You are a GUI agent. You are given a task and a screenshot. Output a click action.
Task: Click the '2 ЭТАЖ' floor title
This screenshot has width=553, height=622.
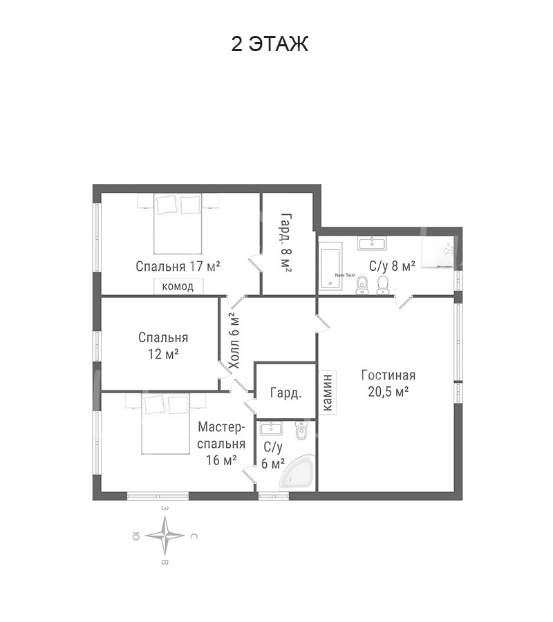pos(270,44)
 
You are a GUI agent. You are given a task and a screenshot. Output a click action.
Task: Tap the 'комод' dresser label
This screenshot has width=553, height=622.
pos(178,286)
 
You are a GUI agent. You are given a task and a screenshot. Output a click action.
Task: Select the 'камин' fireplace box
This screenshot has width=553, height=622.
pos(328,393)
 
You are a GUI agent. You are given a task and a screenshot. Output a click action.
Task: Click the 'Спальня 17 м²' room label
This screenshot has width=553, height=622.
pos(178,266)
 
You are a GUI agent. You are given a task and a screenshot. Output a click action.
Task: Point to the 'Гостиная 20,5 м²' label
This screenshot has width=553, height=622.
pos(388,383)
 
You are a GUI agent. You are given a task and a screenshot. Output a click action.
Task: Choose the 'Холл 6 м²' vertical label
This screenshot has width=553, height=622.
pos(234,341)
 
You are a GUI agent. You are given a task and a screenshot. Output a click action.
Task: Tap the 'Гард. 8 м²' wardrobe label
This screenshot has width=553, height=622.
pos(286,243)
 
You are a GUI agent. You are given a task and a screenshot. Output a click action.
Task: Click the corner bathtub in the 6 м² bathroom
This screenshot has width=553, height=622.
pos(297,473)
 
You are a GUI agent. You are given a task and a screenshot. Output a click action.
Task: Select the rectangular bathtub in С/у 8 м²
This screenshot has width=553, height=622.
pos(330,265)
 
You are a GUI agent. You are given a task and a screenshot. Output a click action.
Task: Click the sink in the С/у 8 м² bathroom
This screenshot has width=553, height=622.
pos(372,243)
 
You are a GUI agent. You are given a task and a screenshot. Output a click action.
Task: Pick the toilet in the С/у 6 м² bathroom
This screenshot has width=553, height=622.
pos(301,431)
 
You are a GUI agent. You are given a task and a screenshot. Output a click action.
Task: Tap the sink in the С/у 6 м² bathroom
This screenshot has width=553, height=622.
pos(271,428)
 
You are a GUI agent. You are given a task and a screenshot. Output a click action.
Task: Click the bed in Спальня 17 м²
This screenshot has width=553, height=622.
pos(178,224)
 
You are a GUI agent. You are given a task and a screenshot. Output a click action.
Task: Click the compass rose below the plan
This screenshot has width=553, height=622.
pos(165,536)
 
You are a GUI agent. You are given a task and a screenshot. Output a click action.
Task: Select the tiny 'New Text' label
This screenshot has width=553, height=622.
pos(345,275)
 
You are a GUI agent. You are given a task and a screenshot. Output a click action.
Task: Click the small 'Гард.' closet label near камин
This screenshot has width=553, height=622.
pos(285,393)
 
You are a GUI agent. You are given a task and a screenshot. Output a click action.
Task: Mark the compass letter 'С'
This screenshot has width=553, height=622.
pos(193,537)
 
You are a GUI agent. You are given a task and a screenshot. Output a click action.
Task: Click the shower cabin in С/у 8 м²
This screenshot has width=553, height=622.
pos(438,252)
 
